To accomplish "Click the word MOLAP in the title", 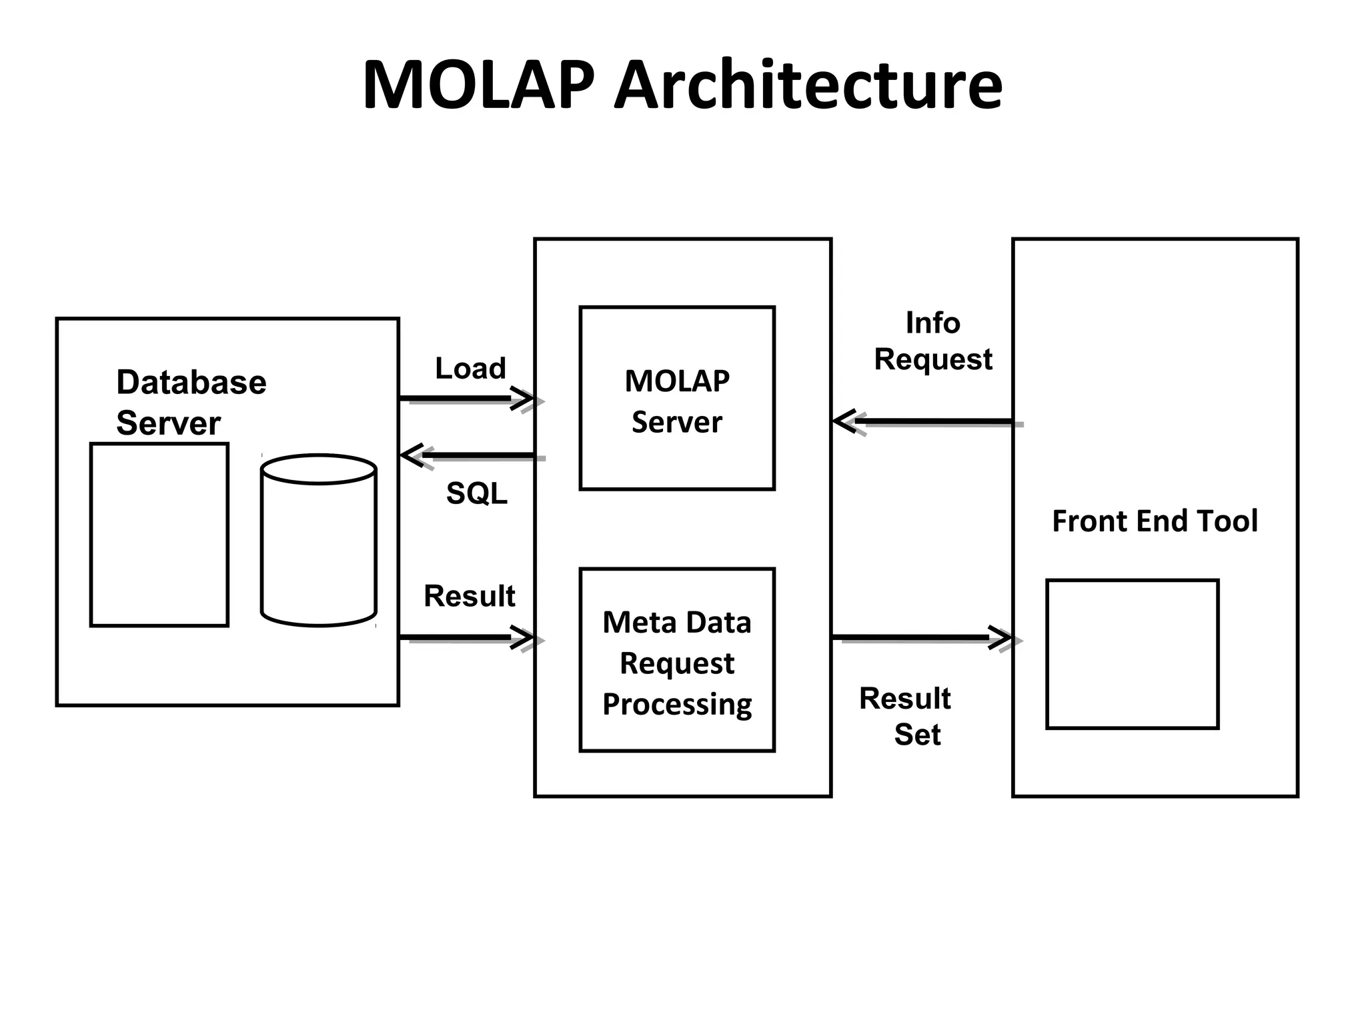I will [x=478, y=85].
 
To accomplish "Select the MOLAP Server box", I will [x=676, y=398].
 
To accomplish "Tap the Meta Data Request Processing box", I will [x=676, y=660].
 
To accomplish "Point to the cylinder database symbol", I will [x=318, y=540].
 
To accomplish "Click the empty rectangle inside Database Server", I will [x=159, y=535].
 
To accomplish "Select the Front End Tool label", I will [x=1154, y=521].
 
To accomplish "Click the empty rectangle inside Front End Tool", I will [x=1132, y=654].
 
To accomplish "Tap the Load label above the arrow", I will [x=470, y=368].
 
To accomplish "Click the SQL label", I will [x=476, y=493].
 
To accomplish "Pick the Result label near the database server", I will [x=469, y=596].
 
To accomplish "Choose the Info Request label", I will [x=932, y=341].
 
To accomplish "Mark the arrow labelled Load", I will [x=467, y=399].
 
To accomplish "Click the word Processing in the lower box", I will [x=676, y=705].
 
